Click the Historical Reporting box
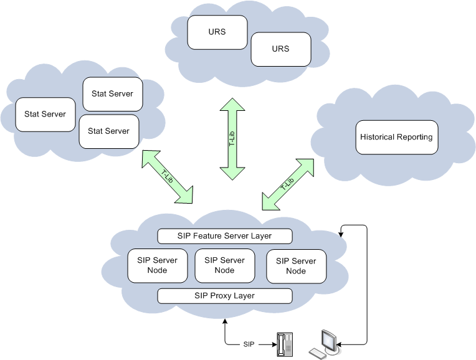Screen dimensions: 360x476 (397, 137)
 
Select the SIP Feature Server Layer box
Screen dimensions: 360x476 (224, 236)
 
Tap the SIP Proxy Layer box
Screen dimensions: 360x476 (224, 296)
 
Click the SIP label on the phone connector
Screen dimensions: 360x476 (249, 344)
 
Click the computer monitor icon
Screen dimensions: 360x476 (329, 339)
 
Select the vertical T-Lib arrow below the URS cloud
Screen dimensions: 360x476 (232, 139)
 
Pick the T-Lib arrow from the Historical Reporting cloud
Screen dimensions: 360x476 (288, 184)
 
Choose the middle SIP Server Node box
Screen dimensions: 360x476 (224, 265)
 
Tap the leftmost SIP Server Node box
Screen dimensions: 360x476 (157, 265)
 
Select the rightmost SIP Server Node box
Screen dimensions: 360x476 (296, 266)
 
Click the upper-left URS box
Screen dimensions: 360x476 (217, 32)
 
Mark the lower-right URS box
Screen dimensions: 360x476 (281, 49)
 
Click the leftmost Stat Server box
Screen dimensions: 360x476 (45, 115)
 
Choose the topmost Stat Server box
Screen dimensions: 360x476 (112, 94)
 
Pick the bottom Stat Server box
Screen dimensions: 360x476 (108, 131)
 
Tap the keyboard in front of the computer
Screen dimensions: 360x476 (318, 353)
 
